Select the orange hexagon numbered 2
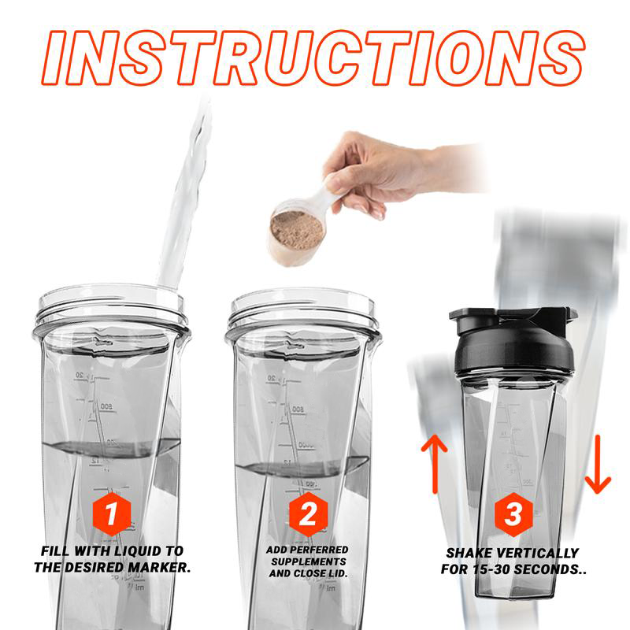[x=308, y=515]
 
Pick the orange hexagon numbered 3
[x=513, y=515]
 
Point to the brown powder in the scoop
[x=297, y=229]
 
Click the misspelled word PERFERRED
[x=321, y=549]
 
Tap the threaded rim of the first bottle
[x=110, y=309]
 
